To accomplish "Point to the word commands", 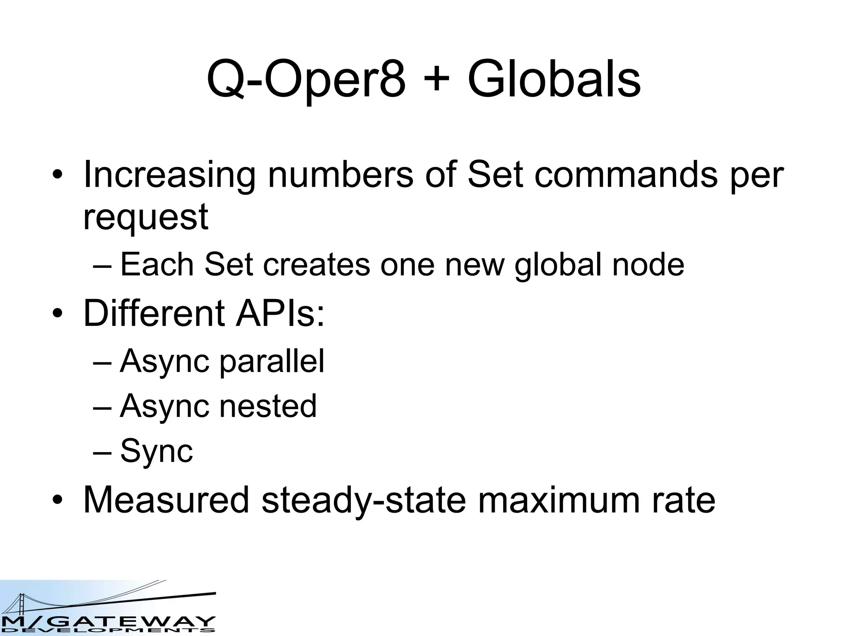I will pos(625,174).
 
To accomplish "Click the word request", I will pos(146,218).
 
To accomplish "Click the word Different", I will pos(154,313).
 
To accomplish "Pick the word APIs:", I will pos(280,313).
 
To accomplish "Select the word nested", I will pos(268,406).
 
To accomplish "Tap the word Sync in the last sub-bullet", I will pos(157,451).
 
